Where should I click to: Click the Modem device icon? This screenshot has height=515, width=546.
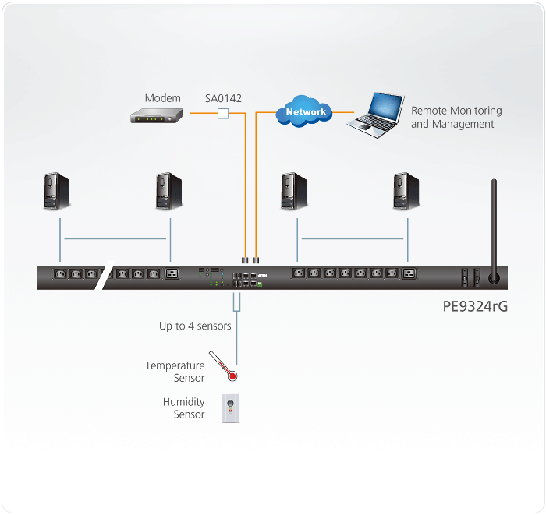pos(155,115)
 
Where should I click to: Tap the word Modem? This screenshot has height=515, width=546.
pos(162,98)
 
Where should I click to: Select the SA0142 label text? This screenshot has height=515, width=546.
pos(223,98)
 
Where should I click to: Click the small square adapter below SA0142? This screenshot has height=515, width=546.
pos(223,115)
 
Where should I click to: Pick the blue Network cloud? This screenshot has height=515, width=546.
pos(305,112)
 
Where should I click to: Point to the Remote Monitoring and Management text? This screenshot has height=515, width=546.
pos(456,118)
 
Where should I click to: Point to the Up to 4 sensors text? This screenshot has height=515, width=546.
pos(195,326)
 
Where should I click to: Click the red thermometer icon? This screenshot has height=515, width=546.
pos(223,366)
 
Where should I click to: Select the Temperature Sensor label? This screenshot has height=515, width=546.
pos(175,372)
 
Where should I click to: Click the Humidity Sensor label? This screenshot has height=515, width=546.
pos(184,408)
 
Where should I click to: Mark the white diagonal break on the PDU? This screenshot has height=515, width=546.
pos(105,277)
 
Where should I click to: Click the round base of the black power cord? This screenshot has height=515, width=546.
pos(493,277)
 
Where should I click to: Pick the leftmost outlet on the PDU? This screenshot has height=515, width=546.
pos(60,273)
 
